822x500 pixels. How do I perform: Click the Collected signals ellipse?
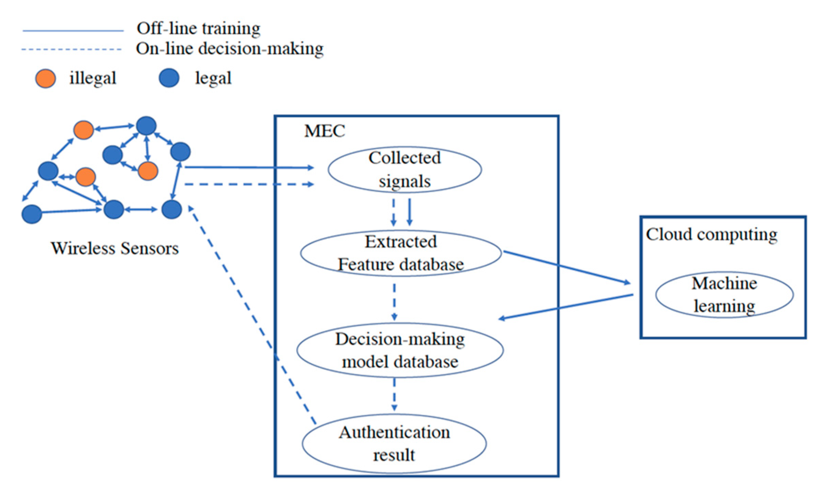click(405, 170)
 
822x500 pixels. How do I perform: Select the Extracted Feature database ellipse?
click(401, 253)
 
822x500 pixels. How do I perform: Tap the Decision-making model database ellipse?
click(400, 350)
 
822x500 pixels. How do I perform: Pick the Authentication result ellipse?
click(394, 443)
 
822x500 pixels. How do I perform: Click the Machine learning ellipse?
click(724, 295)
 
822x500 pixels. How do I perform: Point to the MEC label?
click(324, 131)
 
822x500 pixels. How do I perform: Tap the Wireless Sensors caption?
click(115, 248)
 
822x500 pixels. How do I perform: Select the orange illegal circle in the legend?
click(45, 79)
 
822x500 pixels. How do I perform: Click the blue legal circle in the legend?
click(169, 78)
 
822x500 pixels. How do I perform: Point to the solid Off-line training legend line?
click(73, 31)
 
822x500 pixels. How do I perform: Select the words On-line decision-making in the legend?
click(230, 49)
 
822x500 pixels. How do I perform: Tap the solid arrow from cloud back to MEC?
click(566, 307)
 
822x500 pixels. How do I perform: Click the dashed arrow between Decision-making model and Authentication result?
click(394, 394)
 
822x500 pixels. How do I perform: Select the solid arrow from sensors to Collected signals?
click(249, 167)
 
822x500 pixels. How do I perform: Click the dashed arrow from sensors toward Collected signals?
click(249, 185)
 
